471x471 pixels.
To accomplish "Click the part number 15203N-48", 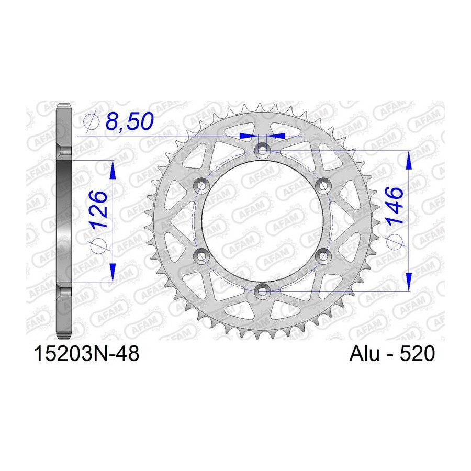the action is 87,353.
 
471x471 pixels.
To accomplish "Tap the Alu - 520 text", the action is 391,353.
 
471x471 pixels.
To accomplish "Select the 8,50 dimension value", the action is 129,121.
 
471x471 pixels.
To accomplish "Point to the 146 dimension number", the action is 394,206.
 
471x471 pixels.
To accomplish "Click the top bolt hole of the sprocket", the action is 262,149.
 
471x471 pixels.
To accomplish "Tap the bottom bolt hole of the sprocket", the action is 262,290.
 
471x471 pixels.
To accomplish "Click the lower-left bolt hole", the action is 201,255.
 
